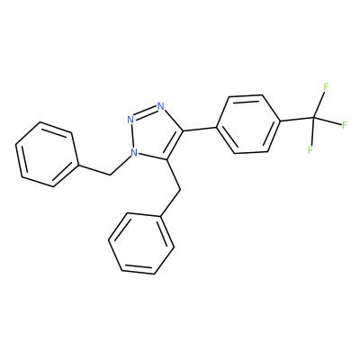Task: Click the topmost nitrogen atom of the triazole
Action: [161, 106]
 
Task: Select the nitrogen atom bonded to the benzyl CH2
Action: [133, 153]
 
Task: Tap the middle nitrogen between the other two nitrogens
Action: [130, 120]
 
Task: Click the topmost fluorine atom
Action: [326, 87]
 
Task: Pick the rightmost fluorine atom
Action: [345, 125]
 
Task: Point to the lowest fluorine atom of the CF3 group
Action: [310, 149]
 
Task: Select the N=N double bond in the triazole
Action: [146, 113]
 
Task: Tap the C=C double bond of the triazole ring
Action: [175, 145]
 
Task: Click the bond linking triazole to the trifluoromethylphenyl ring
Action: [200, 129]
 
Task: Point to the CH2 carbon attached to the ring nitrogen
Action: [111, 175]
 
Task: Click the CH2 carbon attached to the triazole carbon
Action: [180, 190]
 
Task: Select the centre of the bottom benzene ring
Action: [141, 244]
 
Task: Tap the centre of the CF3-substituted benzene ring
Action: [248, 124]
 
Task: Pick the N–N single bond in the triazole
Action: [132, 137]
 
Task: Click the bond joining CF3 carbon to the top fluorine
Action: [319, 103]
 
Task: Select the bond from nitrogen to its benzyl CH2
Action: [121, 165]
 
